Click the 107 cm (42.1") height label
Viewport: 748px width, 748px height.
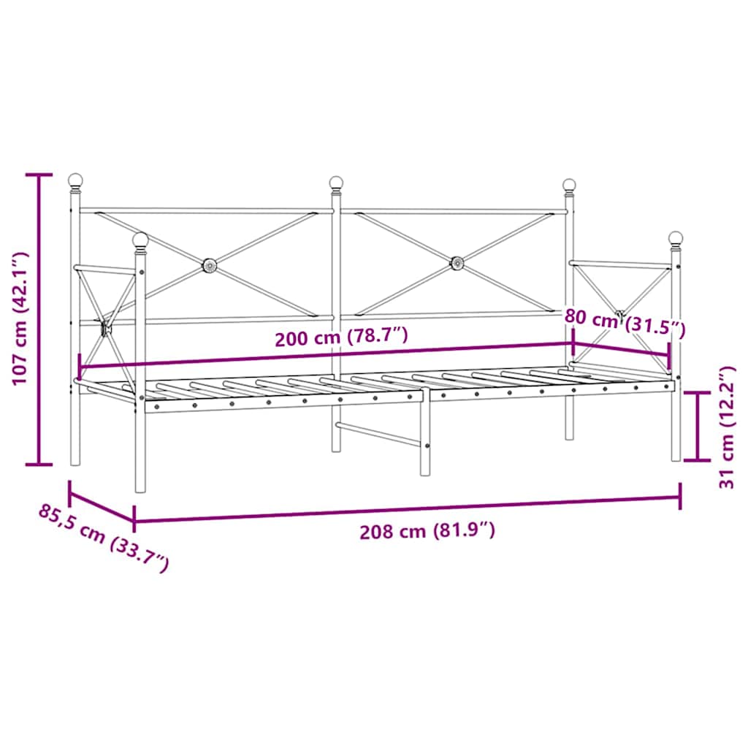click(x=19, y=319)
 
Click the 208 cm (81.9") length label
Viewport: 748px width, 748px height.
click(x=427, y=532)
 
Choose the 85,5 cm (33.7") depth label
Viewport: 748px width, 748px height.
click(x=104, y=537)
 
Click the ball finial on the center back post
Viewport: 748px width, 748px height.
click(x=336, y=183)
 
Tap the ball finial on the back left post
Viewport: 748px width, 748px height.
click(x=75, y=180)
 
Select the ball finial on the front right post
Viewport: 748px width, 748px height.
click(x=676, y=238)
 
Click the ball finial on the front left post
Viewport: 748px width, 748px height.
click(x=140, y=240)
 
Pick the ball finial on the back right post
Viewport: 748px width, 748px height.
click(x=569, y=185)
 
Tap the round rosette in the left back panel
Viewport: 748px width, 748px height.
click(x=209, y=264)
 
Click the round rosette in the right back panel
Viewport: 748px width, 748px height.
click(x=457, y=262)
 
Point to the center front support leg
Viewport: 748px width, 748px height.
click(x=425, y=438)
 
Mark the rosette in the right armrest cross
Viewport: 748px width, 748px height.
click(x=622, y=315)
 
